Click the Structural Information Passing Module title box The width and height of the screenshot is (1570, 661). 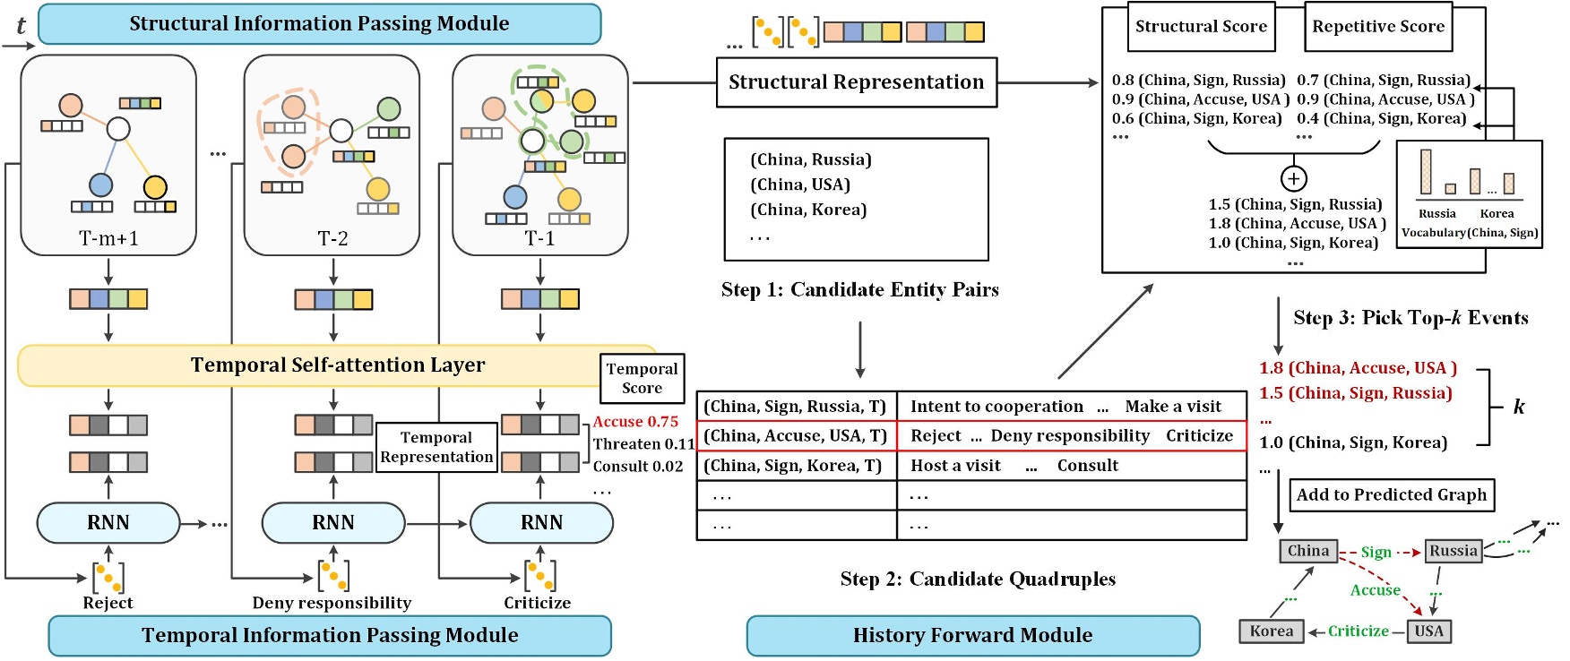point(319,24)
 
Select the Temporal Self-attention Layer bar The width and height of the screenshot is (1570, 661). point(337,365)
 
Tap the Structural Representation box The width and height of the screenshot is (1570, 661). point(856,82)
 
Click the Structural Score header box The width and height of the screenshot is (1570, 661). point(1201,27)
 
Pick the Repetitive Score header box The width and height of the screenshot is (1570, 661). point(1378,27)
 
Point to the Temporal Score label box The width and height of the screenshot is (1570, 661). point(642,379)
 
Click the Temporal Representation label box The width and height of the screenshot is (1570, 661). point(436,447)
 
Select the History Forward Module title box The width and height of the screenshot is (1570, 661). point(972,636)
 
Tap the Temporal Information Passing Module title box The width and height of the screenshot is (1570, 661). point(330,636)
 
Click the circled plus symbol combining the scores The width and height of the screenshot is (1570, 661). point(1293,178)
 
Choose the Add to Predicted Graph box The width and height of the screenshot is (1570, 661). point(1391,494)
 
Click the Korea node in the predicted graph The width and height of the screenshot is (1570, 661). point(1271,631)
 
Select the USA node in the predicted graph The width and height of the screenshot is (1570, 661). point(1428,631)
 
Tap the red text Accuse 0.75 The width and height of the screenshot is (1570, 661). point(635,422)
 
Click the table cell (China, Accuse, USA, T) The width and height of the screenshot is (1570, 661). point(796,436)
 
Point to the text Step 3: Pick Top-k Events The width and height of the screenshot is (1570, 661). point(1410,318)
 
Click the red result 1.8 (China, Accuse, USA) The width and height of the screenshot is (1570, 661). point(1358,368)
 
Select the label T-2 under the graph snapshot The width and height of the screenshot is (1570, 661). point(332,239)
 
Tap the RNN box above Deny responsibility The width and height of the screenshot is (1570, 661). point(332,523)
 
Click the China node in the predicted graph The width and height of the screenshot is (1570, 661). point(1308,551)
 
